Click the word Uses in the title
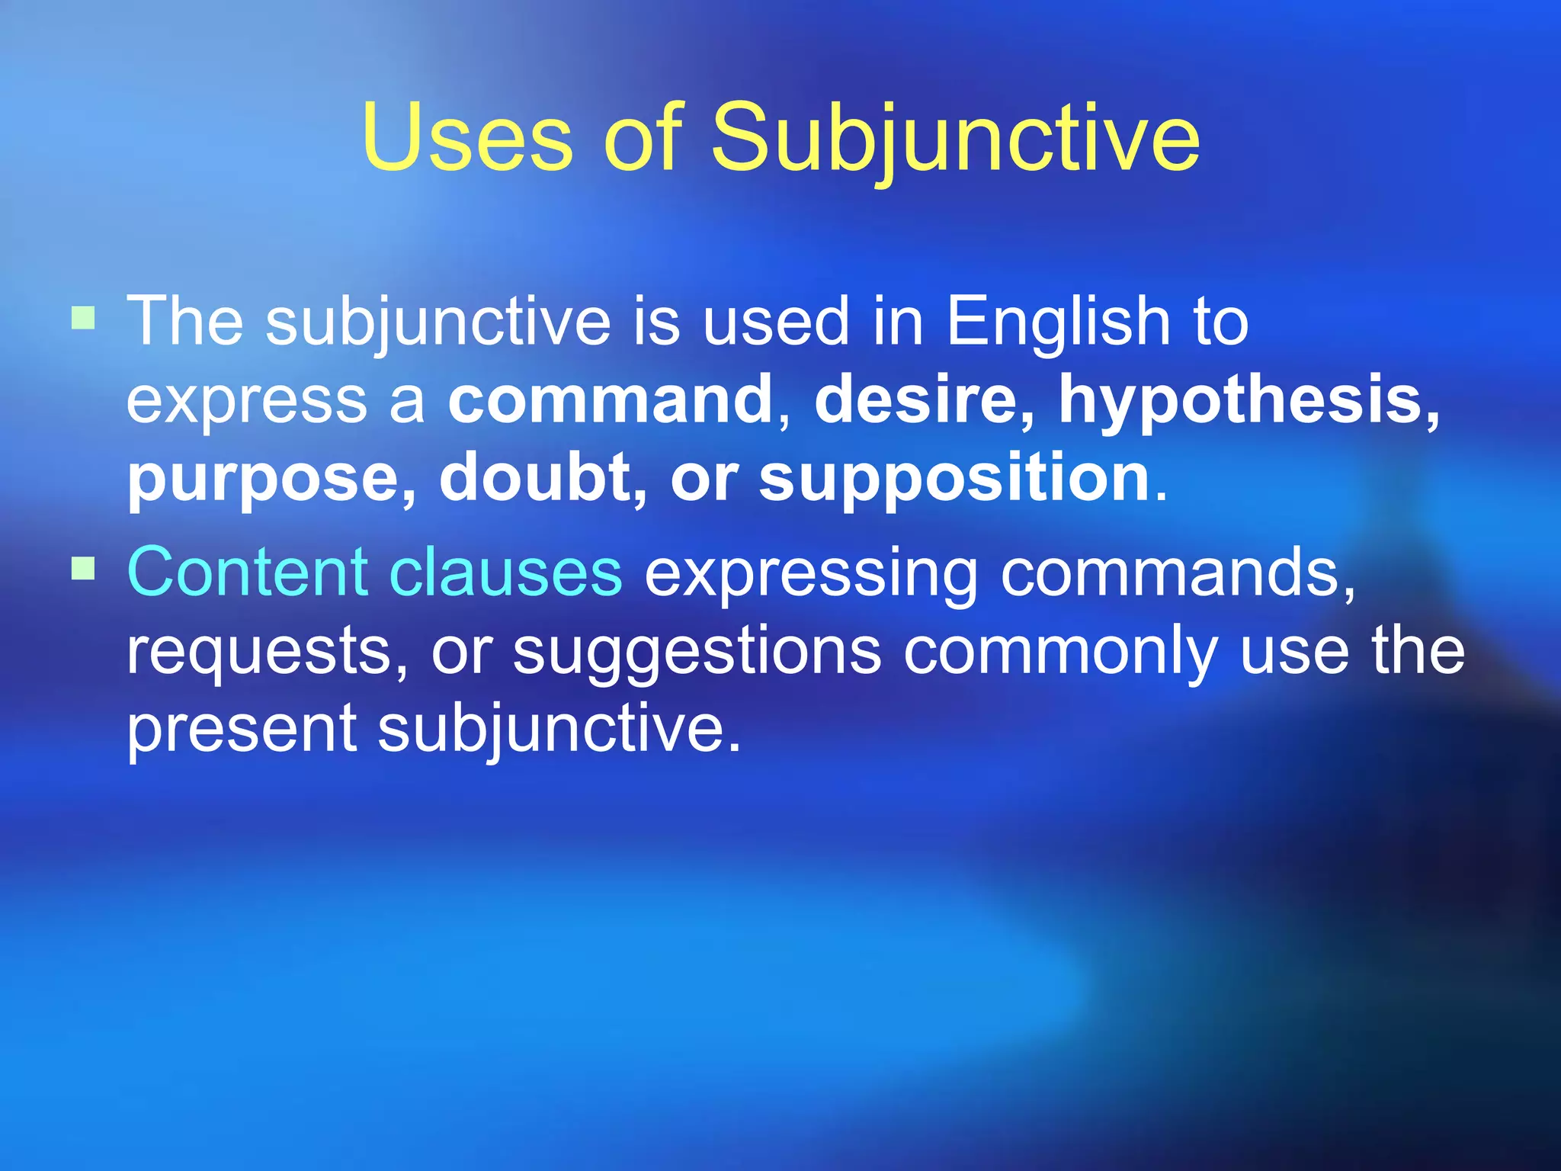(x=466, y=138)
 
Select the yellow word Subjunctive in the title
(x=955, y=138)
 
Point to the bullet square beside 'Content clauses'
(x=83, y=568)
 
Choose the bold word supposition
(x=954, y=480)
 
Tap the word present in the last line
(x=241, y=730)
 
